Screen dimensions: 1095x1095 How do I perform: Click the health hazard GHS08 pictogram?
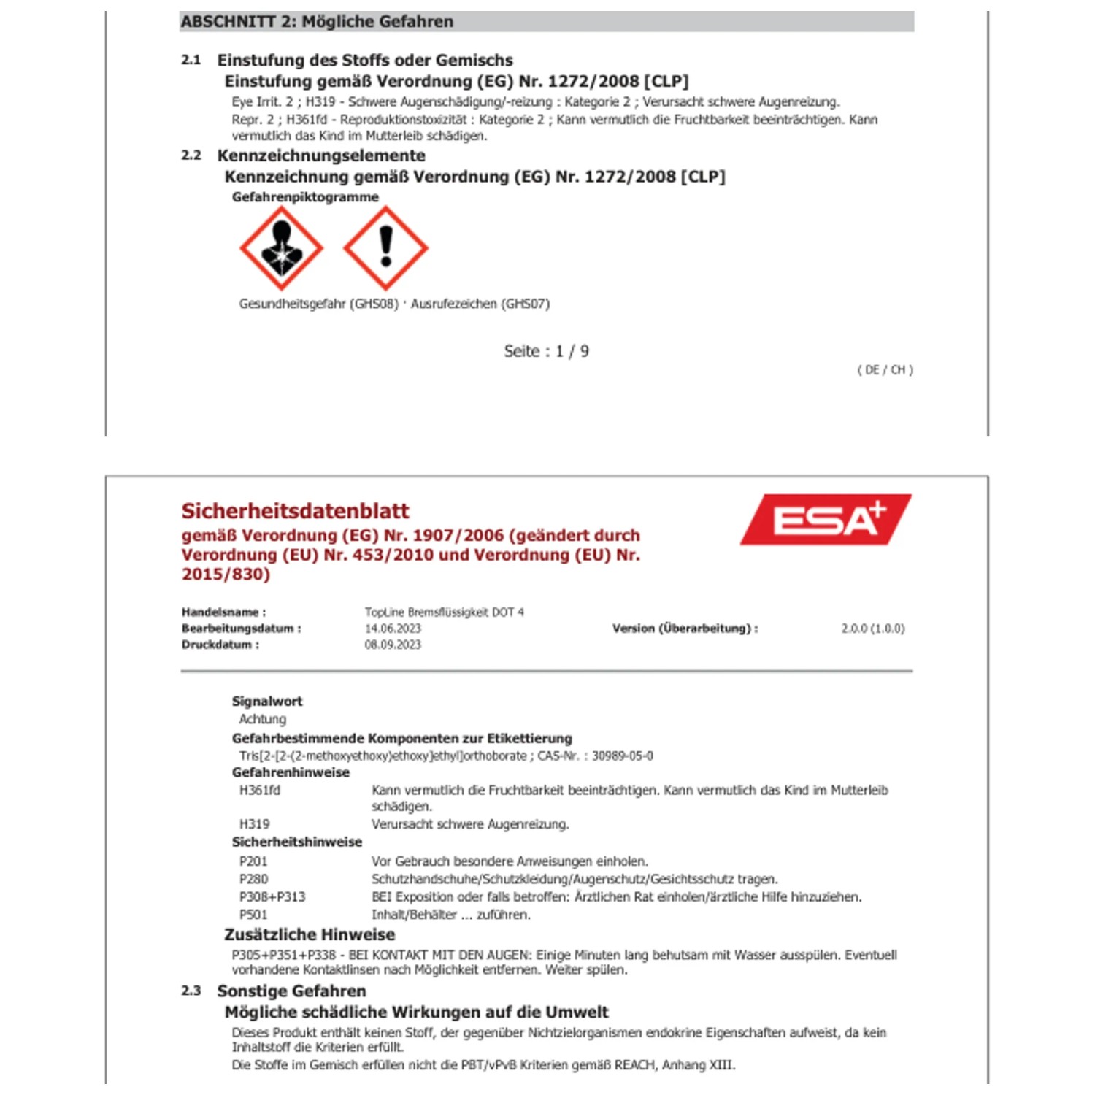281,248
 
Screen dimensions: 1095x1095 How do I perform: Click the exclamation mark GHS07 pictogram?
385,248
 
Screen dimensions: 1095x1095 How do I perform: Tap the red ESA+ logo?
826,520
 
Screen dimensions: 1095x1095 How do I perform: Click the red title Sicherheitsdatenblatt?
295,511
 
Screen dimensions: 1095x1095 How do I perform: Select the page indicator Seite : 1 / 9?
546,351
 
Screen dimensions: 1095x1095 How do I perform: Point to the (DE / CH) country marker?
885,370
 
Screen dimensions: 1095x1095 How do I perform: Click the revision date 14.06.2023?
393,629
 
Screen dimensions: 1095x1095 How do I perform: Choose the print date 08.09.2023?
393,645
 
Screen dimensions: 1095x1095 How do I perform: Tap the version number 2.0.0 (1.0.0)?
872,629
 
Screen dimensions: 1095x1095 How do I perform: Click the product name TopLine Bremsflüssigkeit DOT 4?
444,612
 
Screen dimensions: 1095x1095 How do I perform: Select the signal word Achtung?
262,719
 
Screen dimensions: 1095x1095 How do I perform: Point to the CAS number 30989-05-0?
622,756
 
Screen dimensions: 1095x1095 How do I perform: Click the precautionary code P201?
253,861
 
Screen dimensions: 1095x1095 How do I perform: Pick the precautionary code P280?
253,879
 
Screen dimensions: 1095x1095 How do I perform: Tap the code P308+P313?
272,896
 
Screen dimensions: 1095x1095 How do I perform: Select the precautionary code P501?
253,915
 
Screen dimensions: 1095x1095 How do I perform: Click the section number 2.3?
191,991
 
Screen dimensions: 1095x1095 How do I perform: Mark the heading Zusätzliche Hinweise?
310,934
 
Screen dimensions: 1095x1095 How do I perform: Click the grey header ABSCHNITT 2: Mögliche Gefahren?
317,22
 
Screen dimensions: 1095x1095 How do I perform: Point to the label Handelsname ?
223,612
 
